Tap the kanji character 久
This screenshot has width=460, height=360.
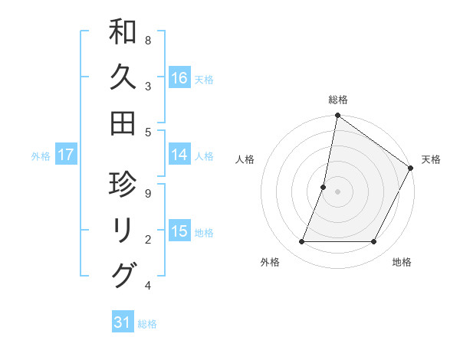click(x=123, y=78)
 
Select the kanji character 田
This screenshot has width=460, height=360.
click(x=123, y=123)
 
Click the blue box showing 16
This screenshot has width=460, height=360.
click(x=179, y=78)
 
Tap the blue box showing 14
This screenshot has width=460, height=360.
click(x=179, y=155)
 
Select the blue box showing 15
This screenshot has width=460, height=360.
click(x=179, y=231)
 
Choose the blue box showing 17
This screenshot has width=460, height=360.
click(x=66, y=155)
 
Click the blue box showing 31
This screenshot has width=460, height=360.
click(x=123, y=322)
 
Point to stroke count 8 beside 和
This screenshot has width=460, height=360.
click(x=147, y=39)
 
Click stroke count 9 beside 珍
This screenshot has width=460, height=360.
click(x=147, y=193)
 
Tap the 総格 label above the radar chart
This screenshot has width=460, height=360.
click(x=338, y=100)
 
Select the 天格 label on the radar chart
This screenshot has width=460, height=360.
click(x=431, y=159)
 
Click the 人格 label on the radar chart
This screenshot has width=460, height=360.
click(x=245, y=159)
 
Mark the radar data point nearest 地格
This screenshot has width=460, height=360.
click(x=374, y=242)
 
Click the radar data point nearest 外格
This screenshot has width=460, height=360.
click(x=302, y=242)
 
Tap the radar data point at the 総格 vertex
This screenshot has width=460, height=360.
click(x=338, y=116)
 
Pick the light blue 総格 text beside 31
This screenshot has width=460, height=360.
click(x=147, y=324)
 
